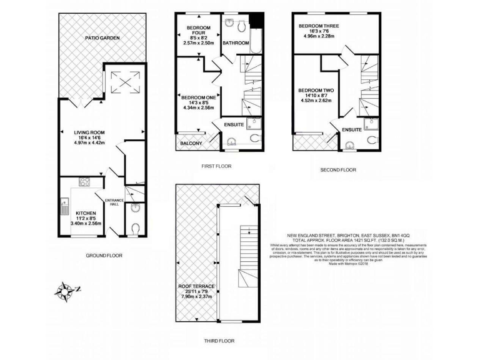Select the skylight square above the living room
coord(118,79)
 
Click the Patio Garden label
coord(102,38)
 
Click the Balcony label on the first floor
coord(191,144)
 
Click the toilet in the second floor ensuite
coord(373,139)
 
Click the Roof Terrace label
coord(196,286)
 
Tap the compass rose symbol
coord(65,289)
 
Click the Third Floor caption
coord(218,341)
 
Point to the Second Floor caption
coord(337,169)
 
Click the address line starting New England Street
coord(341,236)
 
